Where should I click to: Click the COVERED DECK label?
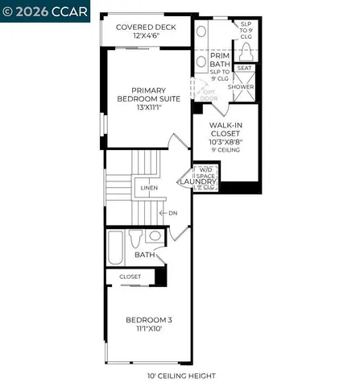[x=146, y=27]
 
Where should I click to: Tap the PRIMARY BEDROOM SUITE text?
[x=142, y=96]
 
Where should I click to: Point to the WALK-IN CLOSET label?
[x=226, y=130]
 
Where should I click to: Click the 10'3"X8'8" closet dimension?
[x=226, y=141]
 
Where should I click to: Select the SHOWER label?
[x=241, y=86]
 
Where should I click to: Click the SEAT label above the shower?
[x=245, y=69]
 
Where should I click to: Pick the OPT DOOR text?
[x=209, y=95]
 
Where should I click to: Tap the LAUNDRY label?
[x=198, y=183]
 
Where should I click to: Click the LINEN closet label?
[x=149, y=188]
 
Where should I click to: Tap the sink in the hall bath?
[x=155, y=236]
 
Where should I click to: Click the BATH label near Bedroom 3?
[x=145, y=255]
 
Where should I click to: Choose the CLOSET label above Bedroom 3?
[x=130, y=276]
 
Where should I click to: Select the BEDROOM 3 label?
[x=149, y=320]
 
